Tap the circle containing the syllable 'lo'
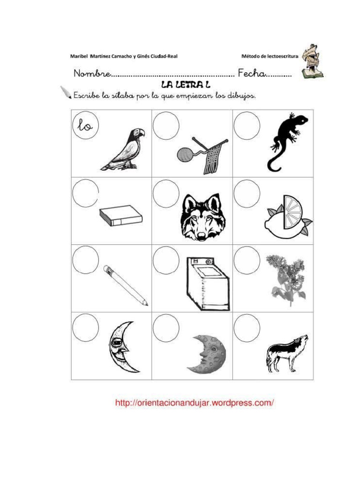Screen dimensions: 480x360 pyautogui.click(x=85, y=126)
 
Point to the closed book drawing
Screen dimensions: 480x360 pyautogui.click(x=120, y=216)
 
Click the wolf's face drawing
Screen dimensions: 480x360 pyautogui.click(x=201, y=217)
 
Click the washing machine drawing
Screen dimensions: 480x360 pyautogui.click(x=207, y=284)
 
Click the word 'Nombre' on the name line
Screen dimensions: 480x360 pyautogui.click(x=92, y=74)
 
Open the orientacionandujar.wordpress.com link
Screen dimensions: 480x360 pyautogui.click(x=195, y=403)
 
